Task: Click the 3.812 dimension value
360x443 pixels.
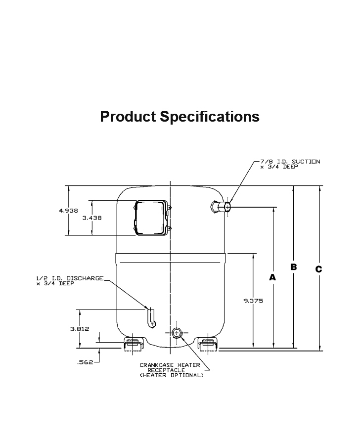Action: tap(79, 329)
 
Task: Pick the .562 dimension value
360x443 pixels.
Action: tap(86, 362)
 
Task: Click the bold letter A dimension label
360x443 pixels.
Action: tap(272, 278)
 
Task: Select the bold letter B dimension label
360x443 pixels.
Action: tap(293, 267)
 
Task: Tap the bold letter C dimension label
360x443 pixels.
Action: tap(319, 269)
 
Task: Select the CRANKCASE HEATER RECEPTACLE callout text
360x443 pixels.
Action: tap(170, 367)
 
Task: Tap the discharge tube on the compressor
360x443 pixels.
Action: tap(151, 317)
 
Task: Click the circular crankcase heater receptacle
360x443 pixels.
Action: tap(176, 333)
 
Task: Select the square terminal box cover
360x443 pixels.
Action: tap(151, 217)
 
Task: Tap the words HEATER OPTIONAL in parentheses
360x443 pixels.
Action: tap(171, 375)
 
